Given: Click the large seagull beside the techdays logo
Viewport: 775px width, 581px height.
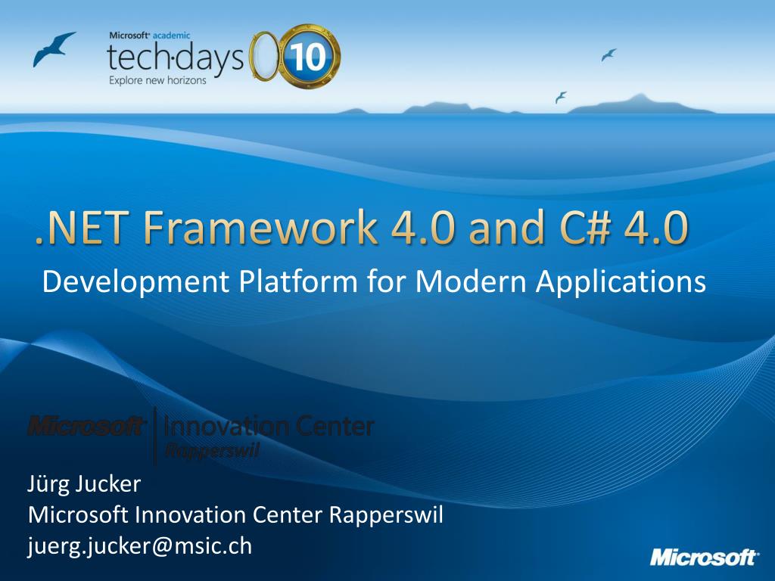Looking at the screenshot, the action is pos(53,48).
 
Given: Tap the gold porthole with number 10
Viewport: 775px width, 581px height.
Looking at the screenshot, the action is pos(310,57).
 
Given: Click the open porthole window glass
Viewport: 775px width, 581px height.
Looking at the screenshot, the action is pos(263,55).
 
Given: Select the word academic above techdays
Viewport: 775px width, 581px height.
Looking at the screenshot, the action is pos(171,36).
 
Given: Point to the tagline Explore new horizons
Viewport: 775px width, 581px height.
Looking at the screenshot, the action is pos(157,80).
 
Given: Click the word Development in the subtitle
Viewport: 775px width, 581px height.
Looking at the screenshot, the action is pos(136,282).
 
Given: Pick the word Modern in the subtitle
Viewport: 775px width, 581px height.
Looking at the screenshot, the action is pos(471,281).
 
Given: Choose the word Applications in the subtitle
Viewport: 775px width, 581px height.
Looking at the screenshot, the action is pos(621,282).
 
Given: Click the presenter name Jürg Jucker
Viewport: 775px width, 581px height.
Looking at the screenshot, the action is pos(84,483).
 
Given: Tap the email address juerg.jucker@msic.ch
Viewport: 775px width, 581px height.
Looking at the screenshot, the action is pos(140,546).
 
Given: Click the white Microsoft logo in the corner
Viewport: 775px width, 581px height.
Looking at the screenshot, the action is pos(703,558).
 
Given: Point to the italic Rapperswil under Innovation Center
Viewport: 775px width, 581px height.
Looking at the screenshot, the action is pos(212,451).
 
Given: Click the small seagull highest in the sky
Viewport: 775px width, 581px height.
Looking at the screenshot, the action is pos(608,54).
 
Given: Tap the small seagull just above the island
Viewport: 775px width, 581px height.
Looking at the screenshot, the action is pos(561,98).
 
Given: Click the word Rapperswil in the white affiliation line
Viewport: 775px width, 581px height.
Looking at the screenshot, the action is pos(386,515).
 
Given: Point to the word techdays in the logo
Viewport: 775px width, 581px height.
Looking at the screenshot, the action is pos(176,57).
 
